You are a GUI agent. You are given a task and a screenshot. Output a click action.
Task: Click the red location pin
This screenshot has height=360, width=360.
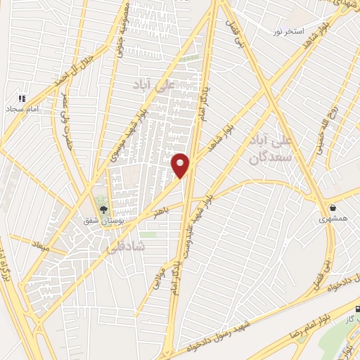pyautogui.click(x=181, y=165)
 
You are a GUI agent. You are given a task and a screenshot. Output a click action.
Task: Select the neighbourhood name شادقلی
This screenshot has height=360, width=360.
pyautogui.click(x=124, y=247)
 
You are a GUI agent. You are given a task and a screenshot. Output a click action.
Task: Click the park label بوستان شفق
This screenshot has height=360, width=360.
pyautogui.click(x=103, y=221)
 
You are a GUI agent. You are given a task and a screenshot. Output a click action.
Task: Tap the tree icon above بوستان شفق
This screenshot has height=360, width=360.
pyautogui.click(x=104, y=209)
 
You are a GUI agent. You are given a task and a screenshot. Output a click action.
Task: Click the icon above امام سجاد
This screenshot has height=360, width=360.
pyautogui.click(x=21, y=98)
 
